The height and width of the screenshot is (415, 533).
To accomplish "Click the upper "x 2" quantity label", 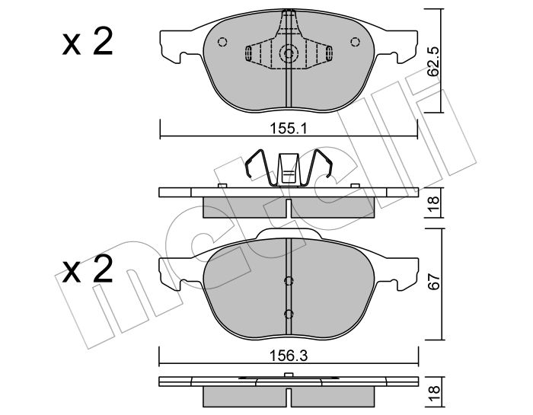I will (88, 43).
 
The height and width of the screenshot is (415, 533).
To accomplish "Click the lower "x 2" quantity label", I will (88, 270).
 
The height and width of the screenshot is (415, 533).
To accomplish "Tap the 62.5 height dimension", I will (432, 61).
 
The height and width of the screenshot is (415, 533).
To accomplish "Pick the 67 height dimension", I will (432, 282).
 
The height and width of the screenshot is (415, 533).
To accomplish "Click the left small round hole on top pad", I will (222, 43).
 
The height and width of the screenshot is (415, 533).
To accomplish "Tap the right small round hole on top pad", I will (356, 43).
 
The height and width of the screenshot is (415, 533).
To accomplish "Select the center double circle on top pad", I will (289, 53).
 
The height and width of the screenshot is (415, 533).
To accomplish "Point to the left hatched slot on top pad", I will (249, 53).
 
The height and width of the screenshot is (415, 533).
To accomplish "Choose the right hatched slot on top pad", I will (329, 53).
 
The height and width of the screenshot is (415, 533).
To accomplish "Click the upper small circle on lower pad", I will (289, 281).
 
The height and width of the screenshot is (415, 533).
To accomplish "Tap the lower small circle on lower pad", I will (289, 313).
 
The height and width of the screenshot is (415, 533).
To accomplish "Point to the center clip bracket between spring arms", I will (289, 169).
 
